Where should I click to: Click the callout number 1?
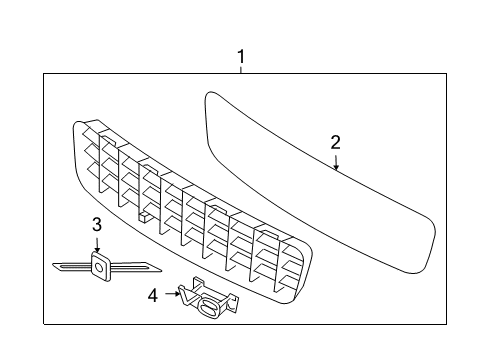240,56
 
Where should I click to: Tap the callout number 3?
97,223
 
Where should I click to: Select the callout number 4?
152,295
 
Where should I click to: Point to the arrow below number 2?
337,162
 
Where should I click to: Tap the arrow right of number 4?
170,294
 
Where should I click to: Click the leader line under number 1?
240,69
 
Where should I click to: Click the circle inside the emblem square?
100,265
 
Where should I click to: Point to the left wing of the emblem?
70,266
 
